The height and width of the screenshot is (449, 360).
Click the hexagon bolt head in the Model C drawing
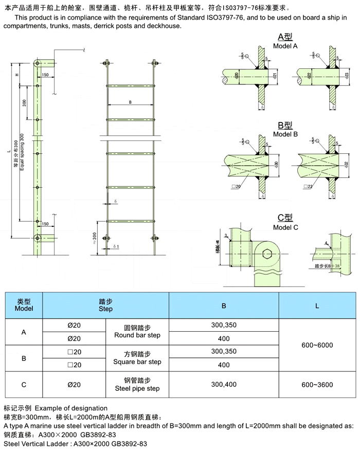pyautogui.click(x=266, y=255)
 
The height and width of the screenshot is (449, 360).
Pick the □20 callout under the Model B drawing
pyautogui.click(x=236, y=186)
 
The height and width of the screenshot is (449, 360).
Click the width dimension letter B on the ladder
pyautogui.click(x=130, y=102)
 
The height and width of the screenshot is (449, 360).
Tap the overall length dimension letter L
pyautogui.click(x=16, y=151)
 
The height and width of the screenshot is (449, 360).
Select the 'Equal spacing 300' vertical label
pyautogui.click(x=22, y=153)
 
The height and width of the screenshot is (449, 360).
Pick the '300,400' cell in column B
pyautogui.click(x=224, y=384)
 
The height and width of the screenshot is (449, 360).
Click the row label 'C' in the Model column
pyautogui.click(x=24, y=384)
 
